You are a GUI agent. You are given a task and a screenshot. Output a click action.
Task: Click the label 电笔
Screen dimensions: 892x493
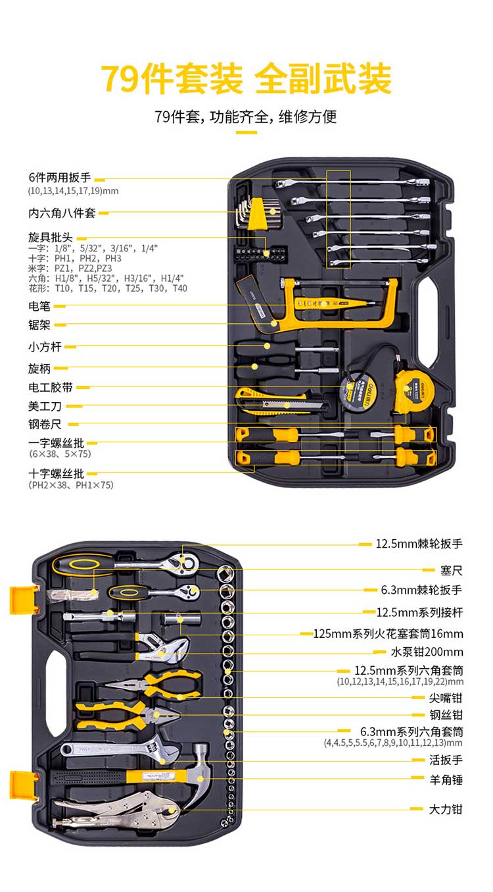tap(39, 306)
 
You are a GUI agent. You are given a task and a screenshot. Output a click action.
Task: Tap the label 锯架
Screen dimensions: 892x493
tap(39, 325)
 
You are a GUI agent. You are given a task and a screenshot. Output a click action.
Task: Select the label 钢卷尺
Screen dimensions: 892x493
tap(45, 425)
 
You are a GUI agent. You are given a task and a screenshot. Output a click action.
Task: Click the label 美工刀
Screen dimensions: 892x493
tap(45, 406)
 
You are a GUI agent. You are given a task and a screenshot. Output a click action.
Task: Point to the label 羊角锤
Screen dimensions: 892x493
tap(446, 779)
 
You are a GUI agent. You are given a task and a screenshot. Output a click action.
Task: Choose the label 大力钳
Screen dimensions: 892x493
tap(446, 809)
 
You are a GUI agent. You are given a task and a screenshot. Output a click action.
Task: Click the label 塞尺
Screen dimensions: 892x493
tap(452, 570)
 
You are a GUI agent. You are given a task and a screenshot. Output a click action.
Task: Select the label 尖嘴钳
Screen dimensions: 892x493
tap(446, 697)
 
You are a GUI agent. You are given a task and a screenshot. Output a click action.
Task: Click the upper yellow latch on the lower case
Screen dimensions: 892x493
tap(20, 600)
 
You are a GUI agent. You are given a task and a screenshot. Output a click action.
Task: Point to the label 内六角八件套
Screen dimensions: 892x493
tap(62, 213)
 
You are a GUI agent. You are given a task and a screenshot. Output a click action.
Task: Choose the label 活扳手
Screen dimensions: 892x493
tap(446, 760)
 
